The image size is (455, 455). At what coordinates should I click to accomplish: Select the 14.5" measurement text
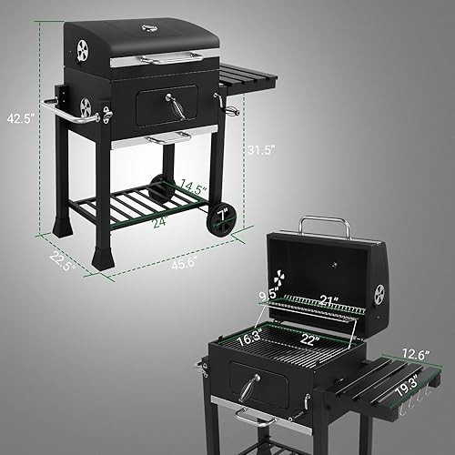tap(192, 188)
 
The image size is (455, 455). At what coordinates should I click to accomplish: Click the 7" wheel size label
tap(222, 213)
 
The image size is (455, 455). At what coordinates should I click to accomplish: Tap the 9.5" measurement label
tap(268, 295)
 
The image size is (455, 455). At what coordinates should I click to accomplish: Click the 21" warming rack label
tap(328, 300)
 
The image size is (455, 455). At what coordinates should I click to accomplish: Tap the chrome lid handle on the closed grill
tap(172, 58)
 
